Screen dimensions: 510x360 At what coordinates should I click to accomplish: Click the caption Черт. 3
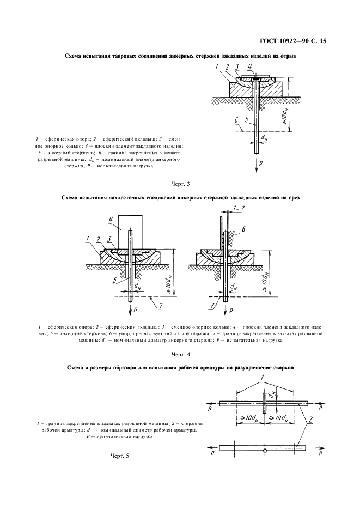[x=180, y=184]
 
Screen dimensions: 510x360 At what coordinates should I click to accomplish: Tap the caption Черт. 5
[x=119, y=456]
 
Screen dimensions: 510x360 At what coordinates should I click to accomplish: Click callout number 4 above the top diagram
[x=250, y=67]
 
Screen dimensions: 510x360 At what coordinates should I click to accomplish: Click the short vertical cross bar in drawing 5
[x=264, y=404]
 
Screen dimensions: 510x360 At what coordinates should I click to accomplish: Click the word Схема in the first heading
[x=75, y=56]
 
